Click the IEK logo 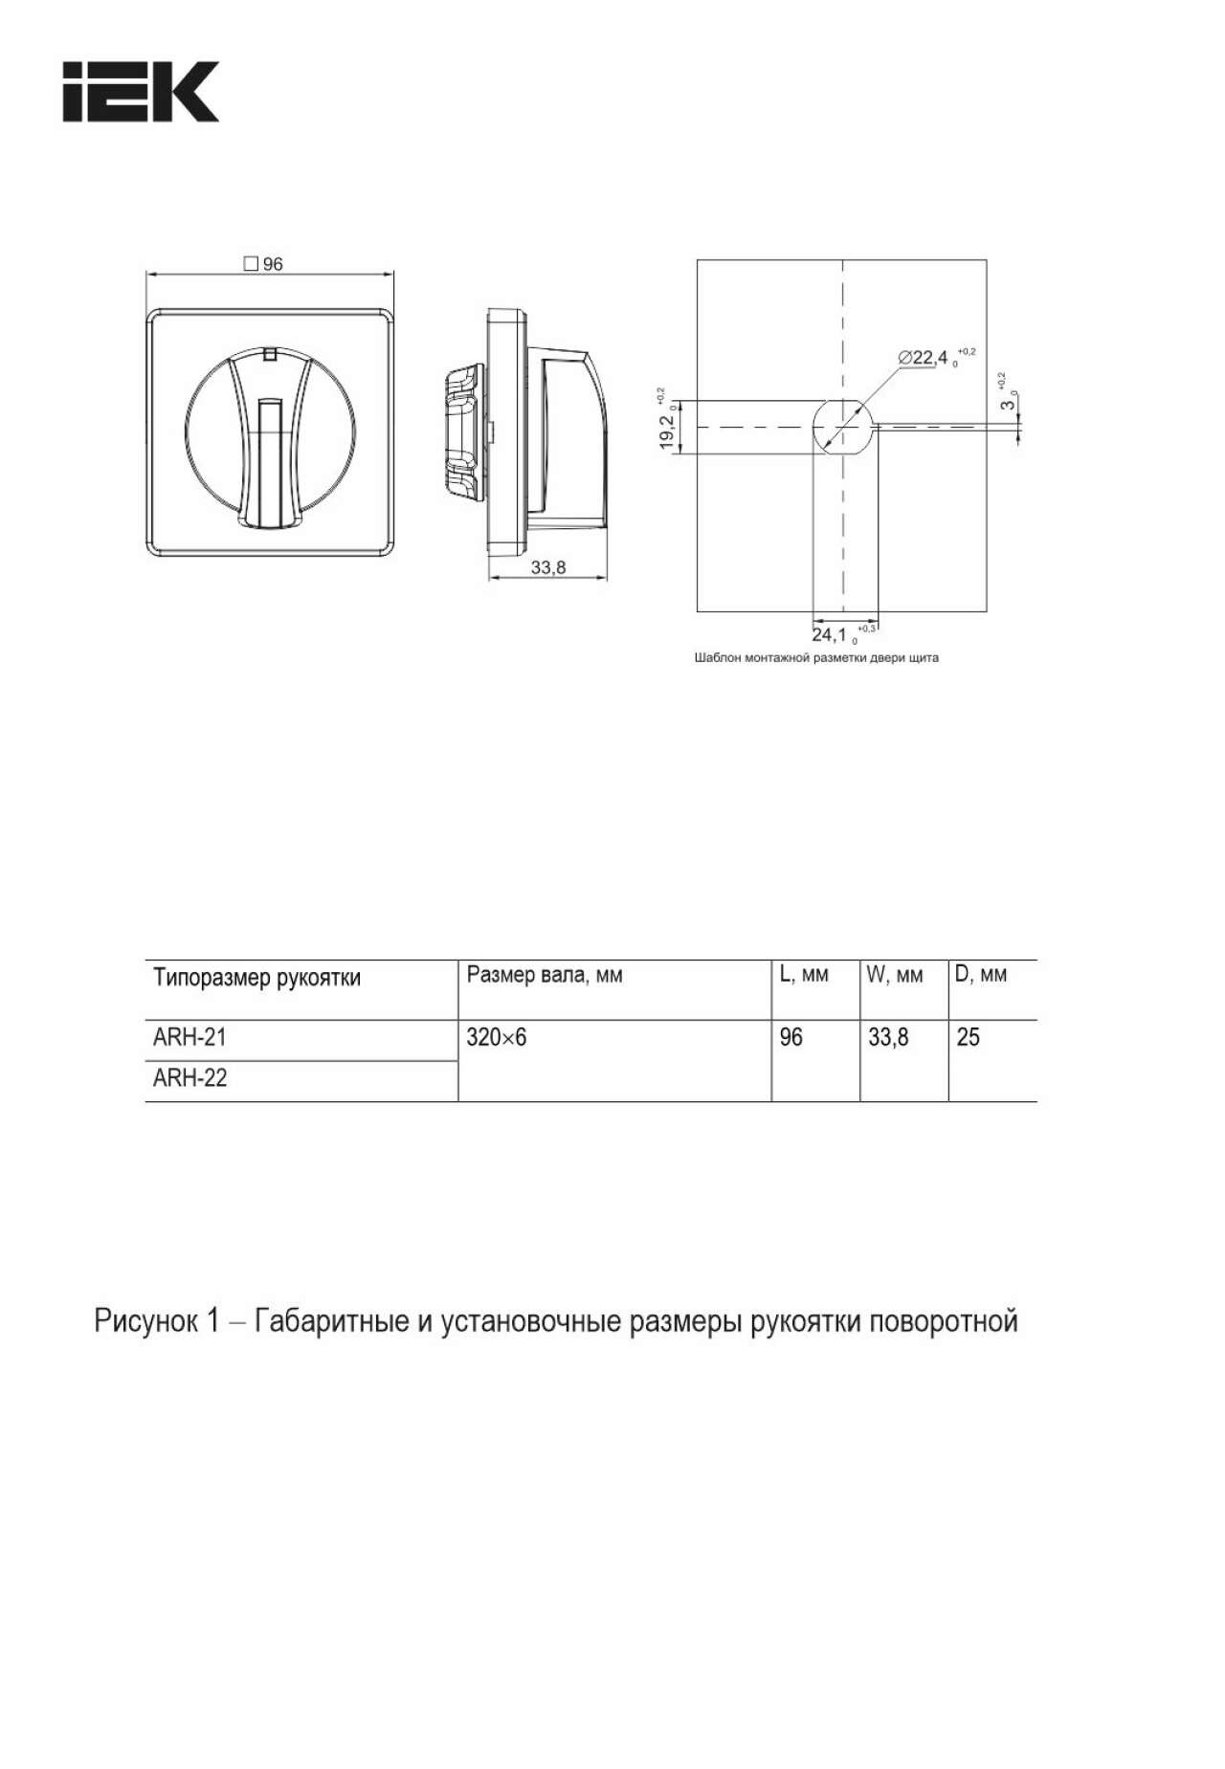[x=141, y=92]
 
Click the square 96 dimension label [x=264, y=264]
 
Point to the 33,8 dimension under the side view [x=548, y=567]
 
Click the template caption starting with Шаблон [x=816, y=658]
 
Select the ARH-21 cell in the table [x=190, y=1037]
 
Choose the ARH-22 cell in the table [x=190, y=1078]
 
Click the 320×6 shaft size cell [x=497, y=1037]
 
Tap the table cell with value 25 [x=968, y=1037]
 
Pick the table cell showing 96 [x=791, y=1037]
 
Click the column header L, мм [x=804, y=975]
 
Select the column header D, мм [x=981, y=975]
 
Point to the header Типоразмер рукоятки [x=257, y=977]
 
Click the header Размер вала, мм [x=545, y=975]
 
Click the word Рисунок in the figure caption [x=143, y=1321]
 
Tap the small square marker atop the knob [x=270, y=354]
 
